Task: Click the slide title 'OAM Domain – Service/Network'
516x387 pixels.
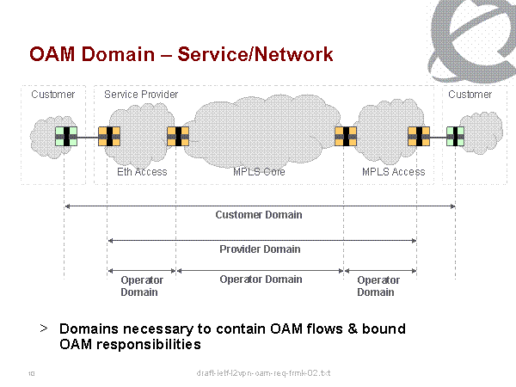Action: [181, 55]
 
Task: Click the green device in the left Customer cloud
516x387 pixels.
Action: [65, 136]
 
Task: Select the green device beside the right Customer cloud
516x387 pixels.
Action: [455, 136]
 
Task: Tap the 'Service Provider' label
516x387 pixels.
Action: [141, 94]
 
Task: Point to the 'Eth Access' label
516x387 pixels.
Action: [142, 172]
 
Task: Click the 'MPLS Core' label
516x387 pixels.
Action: [259, 172]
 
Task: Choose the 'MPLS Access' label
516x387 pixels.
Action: [393, 172]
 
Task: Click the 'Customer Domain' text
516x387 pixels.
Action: [258, 215]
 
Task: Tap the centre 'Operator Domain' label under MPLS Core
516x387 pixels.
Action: [261, 279]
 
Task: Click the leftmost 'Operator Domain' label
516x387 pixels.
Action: [141, 286]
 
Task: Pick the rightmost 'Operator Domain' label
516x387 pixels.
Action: [378, 286]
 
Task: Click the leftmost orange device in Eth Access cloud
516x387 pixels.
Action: [108, 136]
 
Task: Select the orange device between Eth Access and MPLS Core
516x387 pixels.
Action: [177, 136]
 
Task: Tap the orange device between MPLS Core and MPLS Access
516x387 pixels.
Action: [346, 136]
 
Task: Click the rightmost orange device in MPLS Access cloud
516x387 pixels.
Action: [419, 136]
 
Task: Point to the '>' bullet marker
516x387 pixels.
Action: [43, 329]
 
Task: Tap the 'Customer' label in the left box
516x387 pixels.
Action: [52, 94]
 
